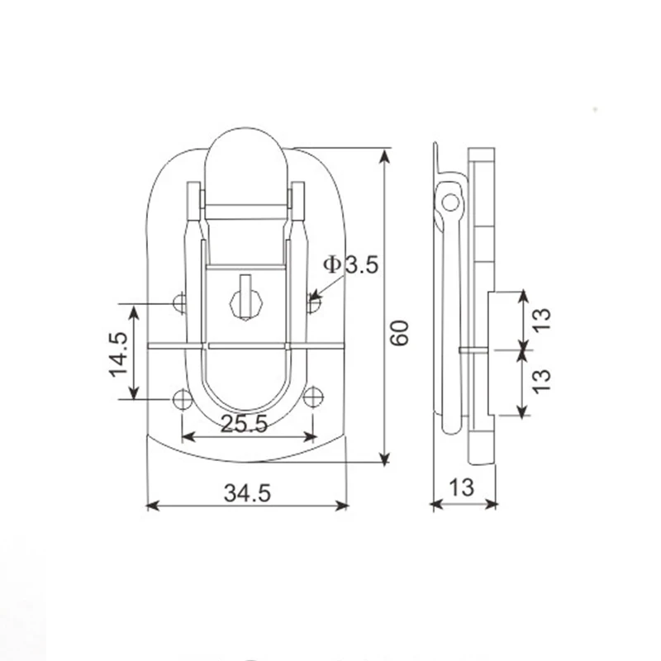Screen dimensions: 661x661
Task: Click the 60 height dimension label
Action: tap(400, 331)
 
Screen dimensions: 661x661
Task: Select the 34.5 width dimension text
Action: tap(247, 492)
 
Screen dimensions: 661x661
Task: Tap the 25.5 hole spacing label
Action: tap(245, 425)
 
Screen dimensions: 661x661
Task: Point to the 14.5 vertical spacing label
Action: tap(118, 354)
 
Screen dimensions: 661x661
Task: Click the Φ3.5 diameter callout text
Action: tap(350, 265)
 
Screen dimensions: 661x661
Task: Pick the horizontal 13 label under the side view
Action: tap(463, 487)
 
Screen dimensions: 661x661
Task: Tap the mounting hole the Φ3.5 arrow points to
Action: tap(313, 304)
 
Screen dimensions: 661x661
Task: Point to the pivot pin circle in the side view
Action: tap(450, 201)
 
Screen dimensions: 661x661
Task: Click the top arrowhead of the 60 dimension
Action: tap(384, 154)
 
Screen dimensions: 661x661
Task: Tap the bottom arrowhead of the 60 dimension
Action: tap(384, 459)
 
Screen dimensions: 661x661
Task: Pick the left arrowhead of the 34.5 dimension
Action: tap(151, 506)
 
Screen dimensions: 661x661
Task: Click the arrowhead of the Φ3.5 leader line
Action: tap(315, 295)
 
